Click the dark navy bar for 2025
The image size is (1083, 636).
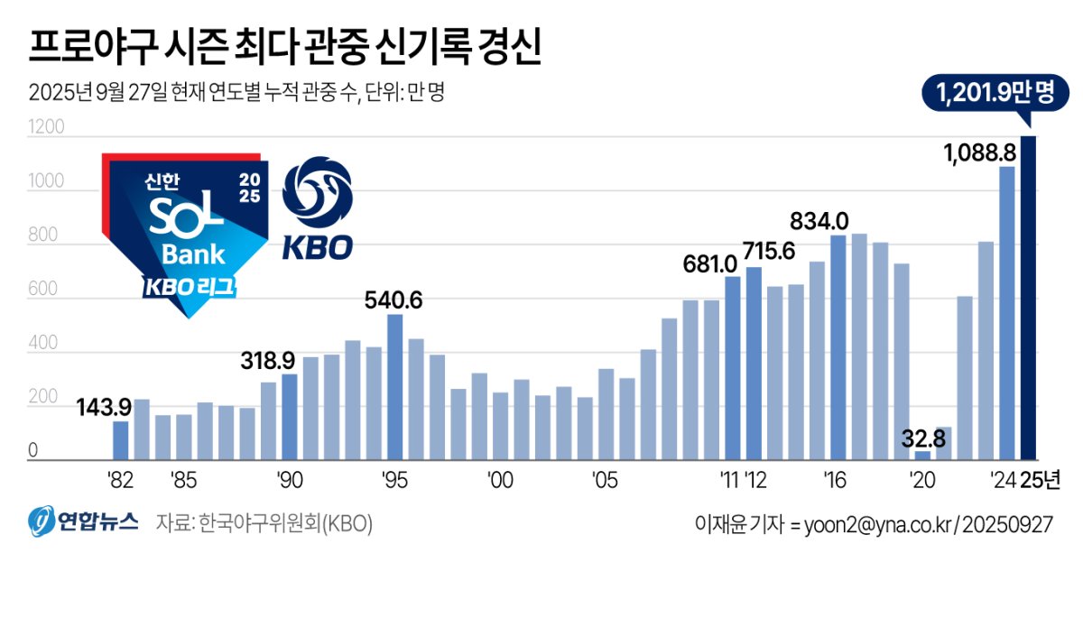point(1028,298)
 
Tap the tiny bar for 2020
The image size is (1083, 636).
point(921,456)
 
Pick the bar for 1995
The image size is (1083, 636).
point(394,387)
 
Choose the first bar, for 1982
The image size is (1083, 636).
point(120,440)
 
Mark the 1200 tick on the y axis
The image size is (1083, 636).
point(47,127)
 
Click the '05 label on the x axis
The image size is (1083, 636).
point(605,479)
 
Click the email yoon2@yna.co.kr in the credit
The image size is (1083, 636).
point(871,524)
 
